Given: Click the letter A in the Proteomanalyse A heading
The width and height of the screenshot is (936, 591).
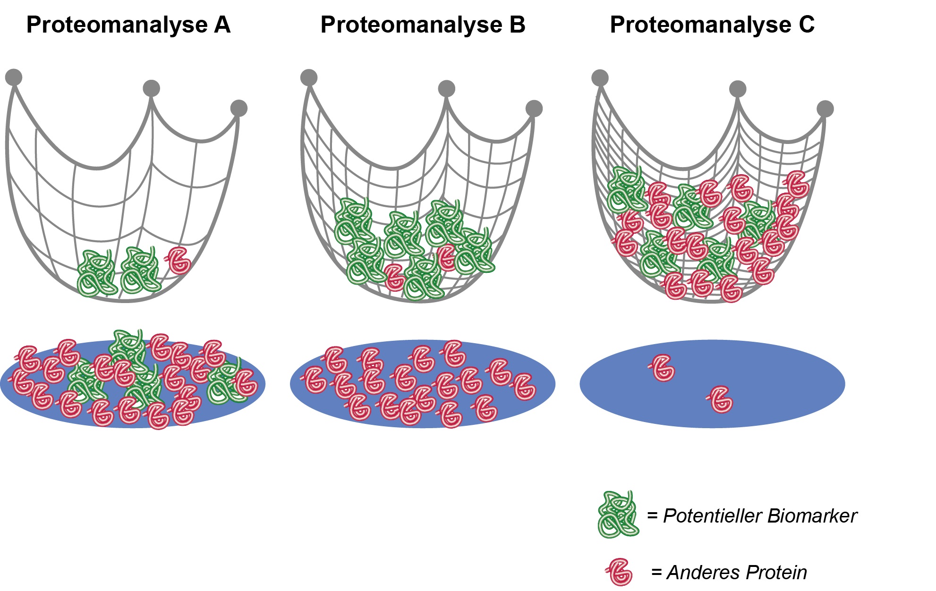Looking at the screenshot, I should click(222, 25).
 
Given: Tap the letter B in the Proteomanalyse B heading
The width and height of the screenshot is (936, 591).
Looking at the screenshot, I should click(517, 25).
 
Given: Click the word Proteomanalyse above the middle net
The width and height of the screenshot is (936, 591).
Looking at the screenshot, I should click(411, 25).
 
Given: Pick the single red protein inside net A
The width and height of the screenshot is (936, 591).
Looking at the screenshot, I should click(179, 260).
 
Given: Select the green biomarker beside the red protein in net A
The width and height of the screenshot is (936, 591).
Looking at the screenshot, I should click(140, 270).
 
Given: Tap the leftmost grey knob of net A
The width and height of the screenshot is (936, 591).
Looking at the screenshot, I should click(14, 77).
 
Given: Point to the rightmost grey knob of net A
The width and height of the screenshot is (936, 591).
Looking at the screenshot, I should click(239, 108).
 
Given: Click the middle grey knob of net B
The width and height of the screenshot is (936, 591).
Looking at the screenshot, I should click(446, 88).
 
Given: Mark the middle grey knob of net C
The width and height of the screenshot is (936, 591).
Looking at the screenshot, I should click(738, 88).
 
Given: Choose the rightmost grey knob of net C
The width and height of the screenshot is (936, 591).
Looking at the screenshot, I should click(825, 109).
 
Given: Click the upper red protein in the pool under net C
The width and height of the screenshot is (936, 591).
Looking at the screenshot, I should click(663, 368).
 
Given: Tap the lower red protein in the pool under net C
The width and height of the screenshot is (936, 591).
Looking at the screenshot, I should click(721, 400).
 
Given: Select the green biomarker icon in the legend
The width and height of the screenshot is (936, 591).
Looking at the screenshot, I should click(618, 515).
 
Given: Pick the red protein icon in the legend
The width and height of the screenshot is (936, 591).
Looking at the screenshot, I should click(619, 572).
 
